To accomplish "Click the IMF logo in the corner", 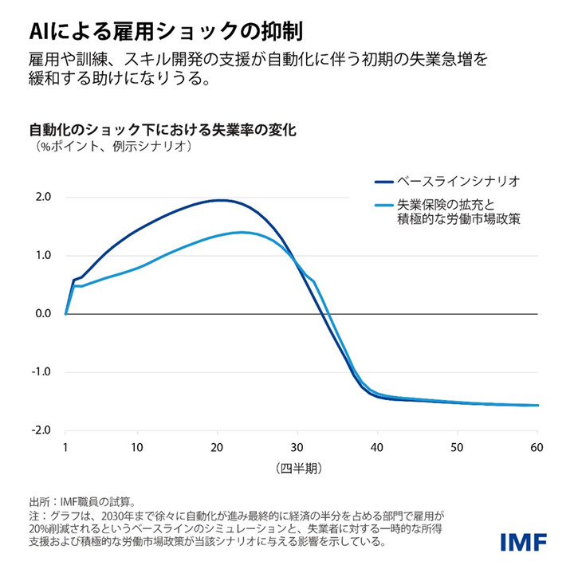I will [524, 542].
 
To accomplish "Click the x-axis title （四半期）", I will [301, 466].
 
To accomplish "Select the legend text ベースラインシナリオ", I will [463, 181].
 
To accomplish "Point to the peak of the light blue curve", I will [242, 232].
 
